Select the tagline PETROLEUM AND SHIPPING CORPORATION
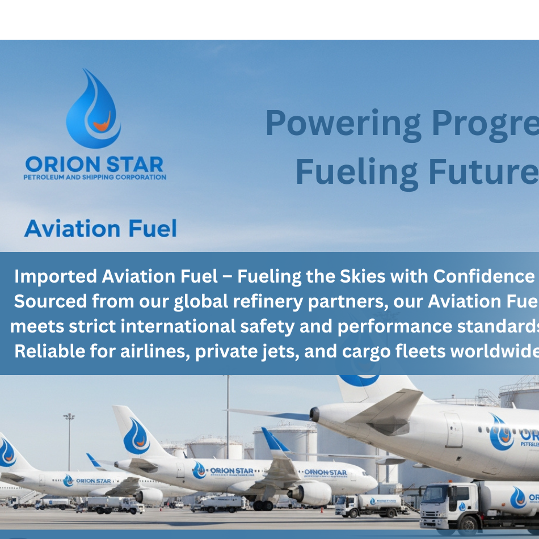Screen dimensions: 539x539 point(95,177)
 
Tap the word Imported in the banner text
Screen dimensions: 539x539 point(56,276)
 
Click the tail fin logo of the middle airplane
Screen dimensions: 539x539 point(137,436)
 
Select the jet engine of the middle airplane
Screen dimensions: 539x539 point(309,492)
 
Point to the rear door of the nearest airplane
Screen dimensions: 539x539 point(453,422)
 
